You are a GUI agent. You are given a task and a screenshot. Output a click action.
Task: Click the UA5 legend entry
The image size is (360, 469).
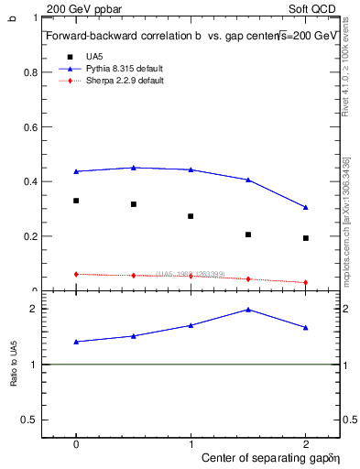click(94, 56)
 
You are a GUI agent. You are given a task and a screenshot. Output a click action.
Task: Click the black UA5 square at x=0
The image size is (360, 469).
click(76, 201)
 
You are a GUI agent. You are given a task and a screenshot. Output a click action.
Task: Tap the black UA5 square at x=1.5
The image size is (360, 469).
click(248, 234)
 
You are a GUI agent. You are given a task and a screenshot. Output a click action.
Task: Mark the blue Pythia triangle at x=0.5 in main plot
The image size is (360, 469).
click(134, 168)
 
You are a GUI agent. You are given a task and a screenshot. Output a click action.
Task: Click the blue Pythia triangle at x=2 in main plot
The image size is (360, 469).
click(306, 207)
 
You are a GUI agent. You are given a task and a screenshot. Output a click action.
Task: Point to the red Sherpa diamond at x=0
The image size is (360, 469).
click(76, 274)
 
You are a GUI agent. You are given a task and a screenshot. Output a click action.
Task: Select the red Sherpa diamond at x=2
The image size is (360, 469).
click(306, 282)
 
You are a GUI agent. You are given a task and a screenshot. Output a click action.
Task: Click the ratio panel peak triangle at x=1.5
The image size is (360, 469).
click(248, 310)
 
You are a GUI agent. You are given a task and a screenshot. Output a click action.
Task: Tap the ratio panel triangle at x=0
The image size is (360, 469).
click(76, 342)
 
